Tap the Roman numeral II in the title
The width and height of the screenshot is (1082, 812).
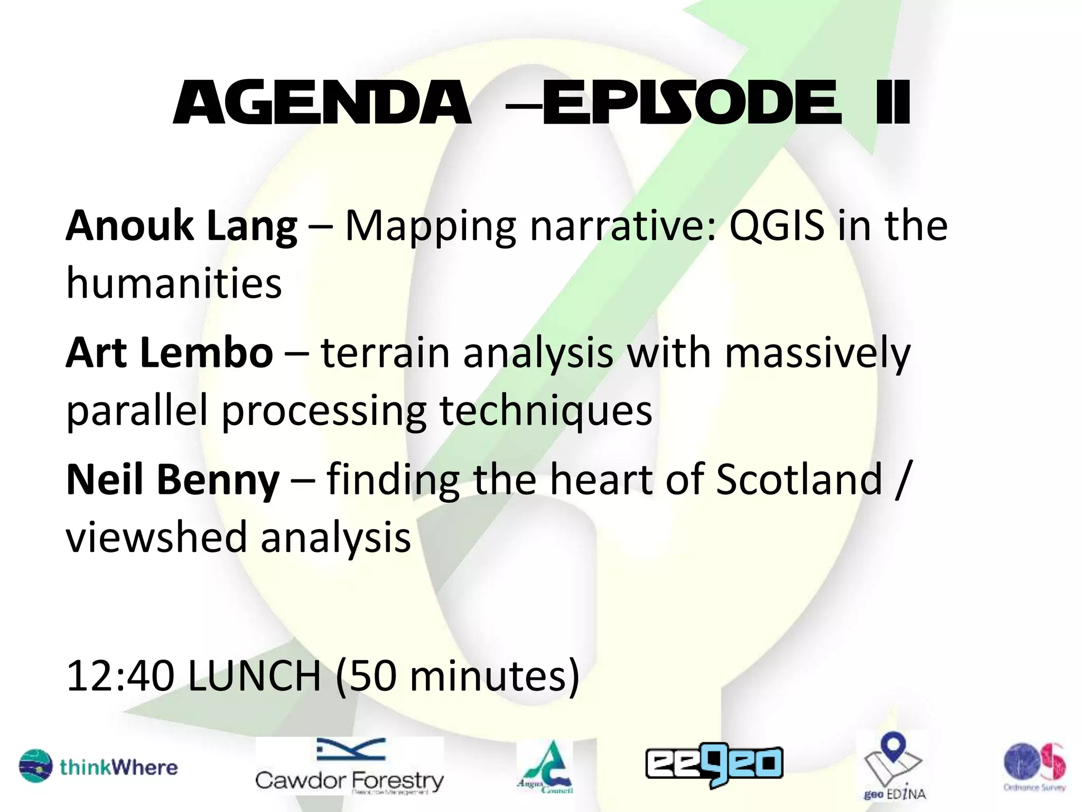point(892,104)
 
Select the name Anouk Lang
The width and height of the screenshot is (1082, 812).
point(181,226)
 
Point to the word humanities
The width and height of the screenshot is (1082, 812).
point(174,283)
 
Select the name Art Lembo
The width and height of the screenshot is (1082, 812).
point(169,353)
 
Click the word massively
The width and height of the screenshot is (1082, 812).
point(817,353)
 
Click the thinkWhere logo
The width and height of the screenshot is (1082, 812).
point(99,766)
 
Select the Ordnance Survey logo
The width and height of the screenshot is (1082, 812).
point(1034,766)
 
